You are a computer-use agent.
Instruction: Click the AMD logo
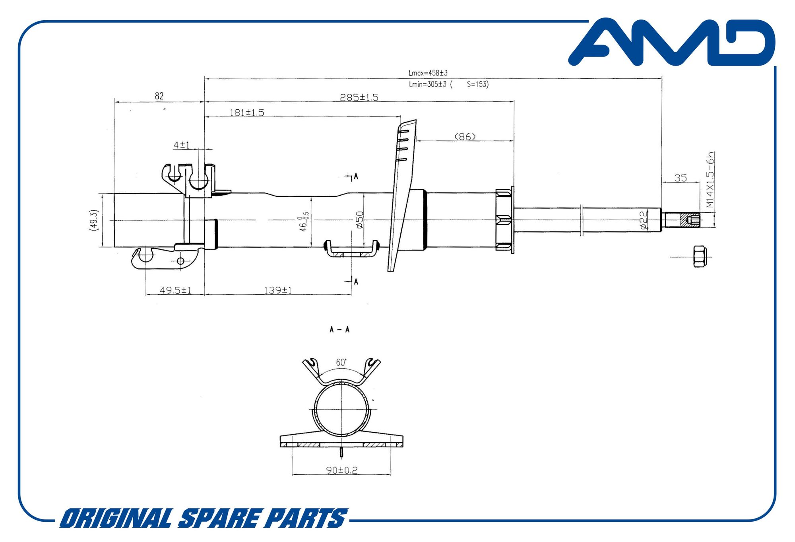point(672,42)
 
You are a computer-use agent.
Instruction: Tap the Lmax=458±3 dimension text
point(428,73)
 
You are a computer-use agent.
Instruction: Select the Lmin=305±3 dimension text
point(428,84)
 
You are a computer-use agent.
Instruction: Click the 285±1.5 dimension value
point(359,97)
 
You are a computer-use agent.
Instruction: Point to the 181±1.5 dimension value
point(247,113)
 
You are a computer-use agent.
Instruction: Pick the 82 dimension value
point(159,96)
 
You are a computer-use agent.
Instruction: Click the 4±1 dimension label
point(182,145)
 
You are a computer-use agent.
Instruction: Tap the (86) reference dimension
point(465,137)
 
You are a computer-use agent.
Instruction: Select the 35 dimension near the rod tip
point(681,178)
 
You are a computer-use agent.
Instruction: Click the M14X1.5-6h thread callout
point(710,180)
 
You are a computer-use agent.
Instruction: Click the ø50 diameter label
point(360,220)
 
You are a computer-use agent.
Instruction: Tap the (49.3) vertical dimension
point(93,220)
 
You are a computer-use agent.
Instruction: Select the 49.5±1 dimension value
point(175,290)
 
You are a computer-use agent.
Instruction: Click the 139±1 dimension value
point(278,290)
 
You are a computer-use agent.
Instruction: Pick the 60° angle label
point(341,362)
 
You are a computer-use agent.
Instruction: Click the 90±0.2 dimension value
point(342,470)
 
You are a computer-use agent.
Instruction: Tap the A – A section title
point(339,329)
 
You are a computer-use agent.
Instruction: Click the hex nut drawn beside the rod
point(700,256)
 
